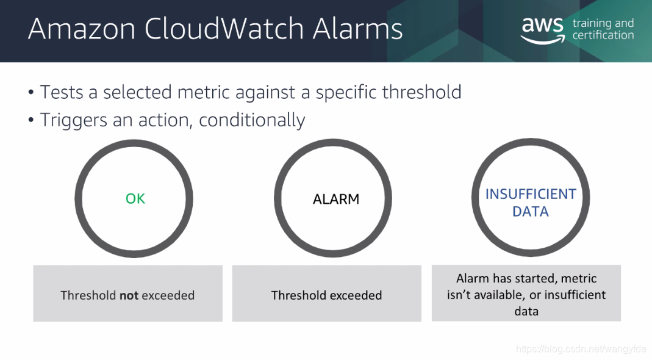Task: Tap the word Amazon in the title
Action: click(x=82, y=29)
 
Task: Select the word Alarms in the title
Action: click(x=357, y=29)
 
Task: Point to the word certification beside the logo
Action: click(x=603, y=35)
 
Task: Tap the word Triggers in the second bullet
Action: click(x=74, y=120)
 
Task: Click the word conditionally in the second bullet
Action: click(x=252, y=120)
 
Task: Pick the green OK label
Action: click(x=135, y=199)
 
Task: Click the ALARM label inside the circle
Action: click(x=336, y=200)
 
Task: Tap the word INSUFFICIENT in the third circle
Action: click(x=531, y=194)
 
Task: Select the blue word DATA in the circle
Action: click(x=530, y=211)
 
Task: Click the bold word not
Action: click(x=129, y=295)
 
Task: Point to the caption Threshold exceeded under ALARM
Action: click(x=326, y=295)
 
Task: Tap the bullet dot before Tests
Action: click(x=30, y=92)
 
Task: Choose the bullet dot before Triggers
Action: click(x=30, y=120)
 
